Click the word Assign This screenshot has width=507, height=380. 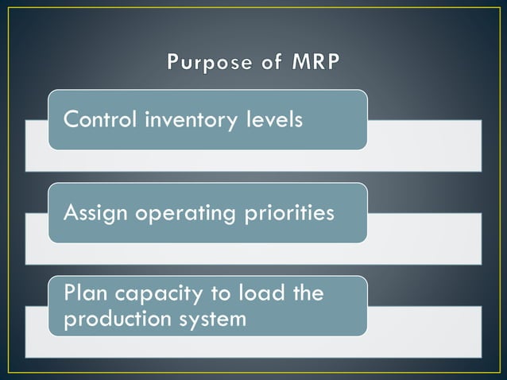(x=94, y=214)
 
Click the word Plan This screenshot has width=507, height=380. (x=83, y=293)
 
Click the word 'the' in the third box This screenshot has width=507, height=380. (x=308, y=293)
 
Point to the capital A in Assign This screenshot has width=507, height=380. (x=71, y=213)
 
